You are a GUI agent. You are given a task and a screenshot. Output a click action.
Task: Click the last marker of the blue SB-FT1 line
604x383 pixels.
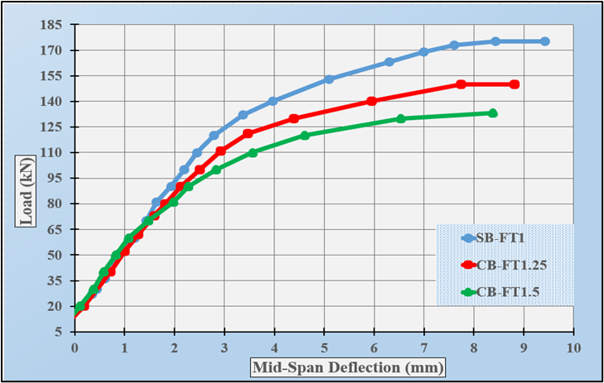(x=544, y=41)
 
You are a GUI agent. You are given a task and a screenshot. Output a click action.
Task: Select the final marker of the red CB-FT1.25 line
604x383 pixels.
(x=515, y=84)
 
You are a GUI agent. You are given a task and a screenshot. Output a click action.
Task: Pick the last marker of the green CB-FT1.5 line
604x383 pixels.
(x=493, y=113)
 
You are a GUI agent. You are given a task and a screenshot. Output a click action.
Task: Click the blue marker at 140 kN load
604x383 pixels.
(x=273, y=101)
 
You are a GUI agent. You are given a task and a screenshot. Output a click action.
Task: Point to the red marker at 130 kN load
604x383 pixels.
(x=294, y=118)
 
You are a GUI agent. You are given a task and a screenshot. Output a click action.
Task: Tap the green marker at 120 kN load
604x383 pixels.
(x=305, y=136)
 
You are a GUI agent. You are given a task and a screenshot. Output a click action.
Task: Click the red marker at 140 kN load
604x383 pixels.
(x=371, y=101)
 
